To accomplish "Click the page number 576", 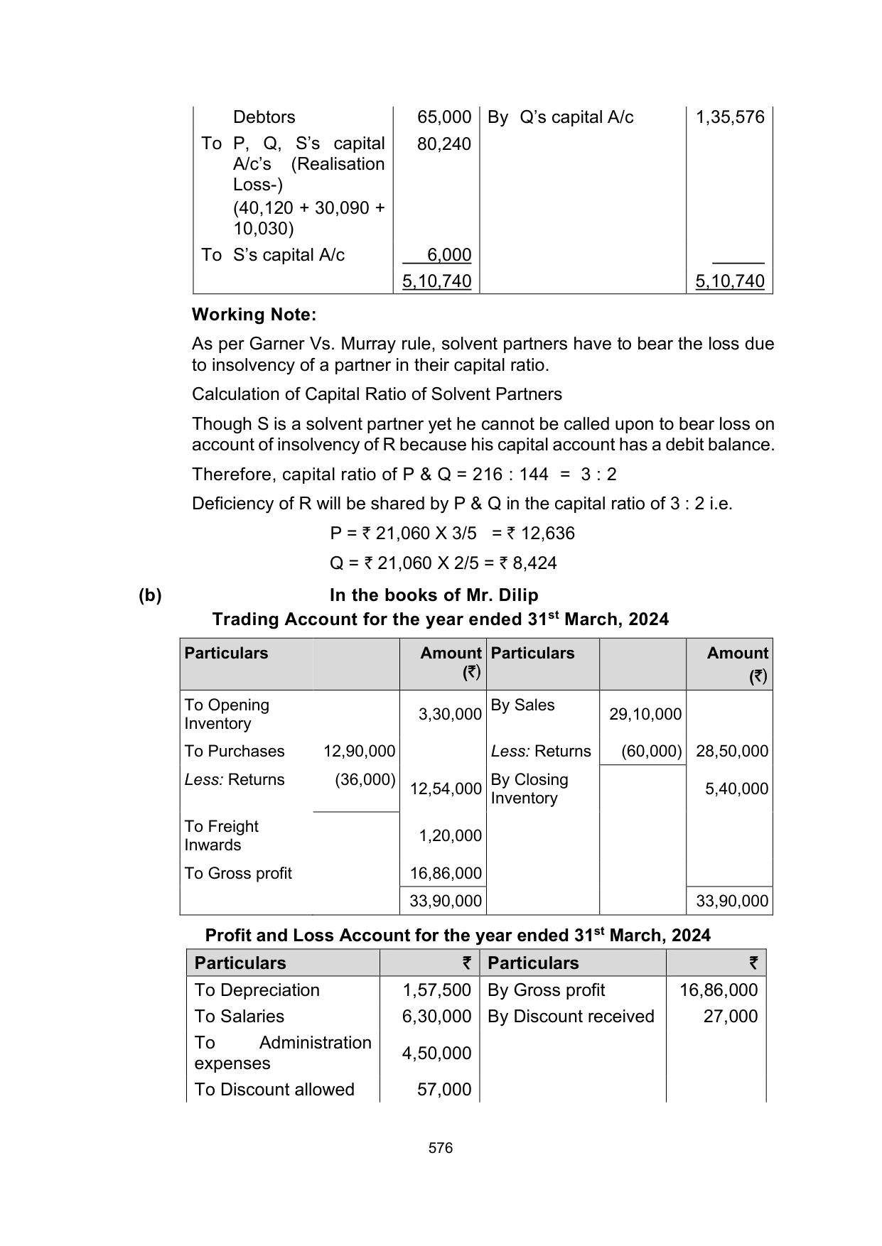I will coord(441,1148).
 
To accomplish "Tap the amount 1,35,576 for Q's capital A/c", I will coord(729,117).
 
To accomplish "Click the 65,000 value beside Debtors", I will coord(444,117).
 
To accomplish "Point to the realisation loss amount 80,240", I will coord(444,144).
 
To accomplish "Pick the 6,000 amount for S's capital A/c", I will coord(449,255).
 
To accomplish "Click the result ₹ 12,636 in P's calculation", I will coord(541,533).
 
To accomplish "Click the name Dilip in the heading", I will coord(517,595).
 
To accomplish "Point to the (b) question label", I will coord(150,595).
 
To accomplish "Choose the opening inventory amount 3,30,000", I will coord(450,714).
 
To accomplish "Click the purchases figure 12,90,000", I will coord(359,751).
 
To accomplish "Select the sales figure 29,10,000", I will coord(645,714).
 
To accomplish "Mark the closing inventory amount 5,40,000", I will coord(736,789).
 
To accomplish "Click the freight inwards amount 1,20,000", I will coord(450,835).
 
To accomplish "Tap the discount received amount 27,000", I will coord(731,1017).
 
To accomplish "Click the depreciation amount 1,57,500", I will coord(436,990).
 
